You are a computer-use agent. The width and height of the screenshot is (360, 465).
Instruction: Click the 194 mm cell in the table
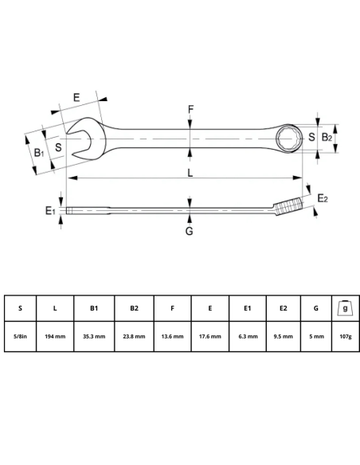click(55, 337)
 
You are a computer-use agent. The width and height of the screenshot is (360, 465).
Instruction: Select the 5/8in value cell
click(20, 337)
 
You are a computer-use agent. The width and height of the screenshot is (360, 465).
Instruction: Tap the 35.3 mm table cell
click(93, 337)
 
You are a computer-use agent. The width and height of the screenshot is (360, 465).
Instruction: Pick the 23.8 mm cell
click(133, 337)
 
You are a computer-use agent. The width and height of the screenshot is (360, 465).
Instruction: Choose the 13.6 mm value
click(171, 337)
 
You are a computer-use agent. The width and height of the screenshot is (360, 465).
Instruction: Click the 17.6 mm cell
click(209, 337)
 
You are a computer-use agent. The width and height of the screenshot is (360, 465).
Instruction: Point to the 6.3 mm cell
click(247, 337)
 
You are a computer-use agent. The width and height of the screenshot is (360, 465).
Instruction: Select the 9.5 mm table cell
click(284, 337)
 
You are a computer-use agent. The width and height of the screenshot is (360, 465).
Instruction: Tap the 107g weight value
click(344, 337)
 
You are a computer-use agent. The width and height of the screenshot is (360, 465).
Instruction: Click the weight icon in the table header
click(344, 307)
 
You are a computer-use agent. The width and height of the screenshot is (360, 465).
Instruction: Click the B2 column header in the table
click(133, 308)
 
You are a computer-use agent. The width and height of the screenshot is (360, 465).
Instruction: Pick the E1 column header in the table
click(247, 308)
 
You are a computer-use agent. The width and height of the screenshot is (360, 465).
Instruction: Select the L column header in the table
click(55, 308)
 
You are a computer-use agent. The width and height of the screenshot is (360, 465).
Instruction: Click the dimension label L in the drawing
click(190, 172)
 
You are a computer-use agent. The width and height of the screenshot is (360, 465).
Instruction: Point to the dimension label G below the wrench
click(190, 231)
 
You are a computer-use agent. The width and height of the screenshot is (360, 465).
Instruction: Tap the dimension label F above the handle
click(190, 109)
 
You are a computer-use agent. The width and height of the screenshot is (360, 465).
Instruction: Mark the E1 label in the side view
click(50, 210)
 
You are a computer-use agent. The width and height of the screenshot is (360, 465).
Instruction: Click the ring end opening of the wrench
click(287, 138)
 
